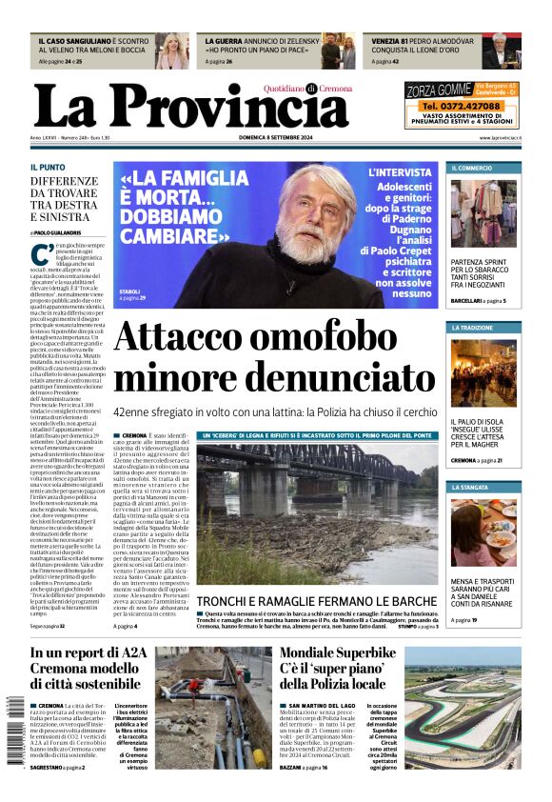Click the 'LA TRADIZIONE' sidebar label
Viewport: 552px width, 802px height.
(473, 328)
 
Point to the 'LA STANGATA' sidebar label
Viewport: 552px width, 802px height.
(470, 487)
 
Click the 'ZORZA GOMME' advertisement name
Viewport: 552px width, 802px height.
(439, 90)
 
